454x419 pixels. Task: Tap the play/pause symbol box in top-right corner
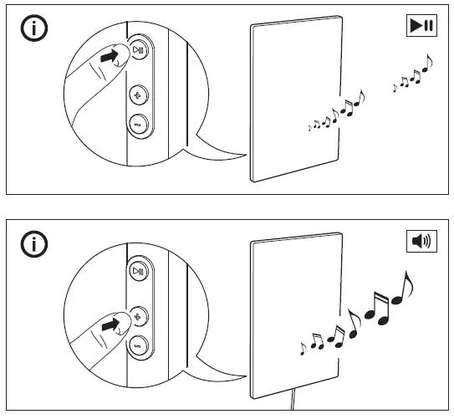(421, 26)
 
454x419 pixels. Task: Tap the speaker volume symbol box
(421, 243)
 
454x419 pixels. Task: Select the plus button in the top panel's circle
(138, 95)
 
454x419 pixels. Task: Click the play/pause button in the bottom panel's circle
(138, 272)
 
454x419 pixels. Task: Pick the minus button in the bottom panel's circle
(138, 343)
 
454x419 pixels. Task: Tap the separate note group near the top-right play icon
(413, 74)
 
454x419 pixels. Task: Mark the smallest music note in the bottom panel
(303, 345)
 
